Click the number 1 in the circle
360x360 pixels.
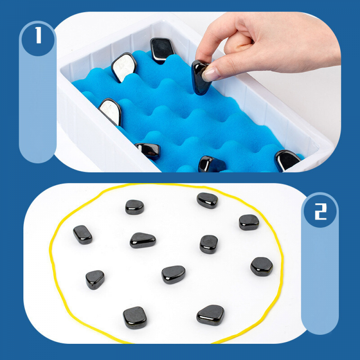tap(38, 35)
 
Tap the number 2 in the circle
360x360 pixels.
tap(320, 212)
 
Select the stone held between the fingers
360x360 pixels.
tap(200, 77)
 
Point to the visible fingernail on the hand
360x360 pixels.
tap(210, 74)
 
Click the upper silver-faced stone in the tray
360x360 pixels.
tap(124, 67)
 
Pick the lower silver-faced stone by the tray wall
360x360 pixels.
tap(110, 112)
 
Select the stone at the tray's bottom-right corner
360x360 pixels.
tap(287, 160)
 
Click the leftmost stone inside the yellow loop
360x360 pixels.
tap(83, 234)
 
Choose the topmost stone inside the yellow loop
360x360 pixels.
tap(207, 200)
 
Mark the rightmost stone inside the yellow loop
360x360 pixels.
tap(261, 266)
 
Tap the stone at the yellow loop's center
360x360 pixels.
tap(173, 274)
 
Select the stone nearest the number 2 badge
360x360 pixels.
tap(249, 222)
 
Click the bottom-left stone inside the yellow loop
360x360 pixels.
tap(135, 318)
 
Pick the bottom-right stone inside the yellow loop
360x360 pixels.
tap(210, 315)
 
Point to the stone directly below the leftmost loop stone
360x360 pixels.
tap(95, 279)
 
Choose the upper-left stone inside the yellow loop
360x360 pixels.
tap(135, 207)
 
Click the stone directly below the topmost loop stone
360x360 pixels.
tap(209, 244)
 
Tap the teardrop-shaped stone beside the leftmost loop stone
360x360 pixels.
tap(143, 240)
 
